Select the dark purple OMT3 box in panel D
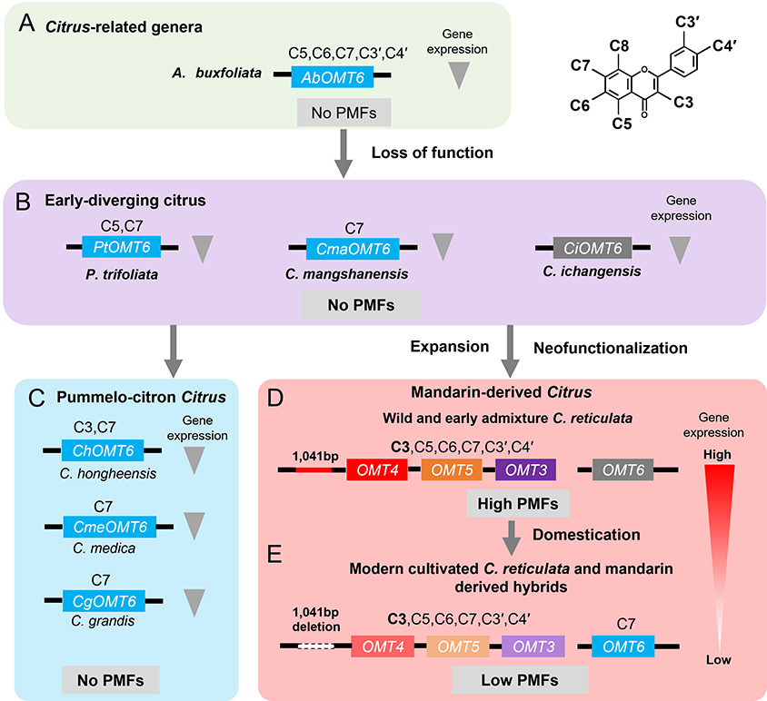click(x=525, y=469)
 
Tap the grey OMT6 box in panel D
click(x=623, y=469)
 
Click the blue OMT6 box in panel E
click(x=623, y=646)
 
